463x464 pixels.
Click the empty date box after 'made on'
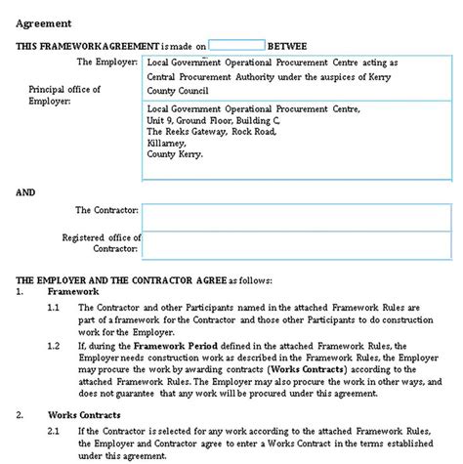237,45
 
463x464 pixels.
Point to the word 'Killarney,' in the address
166,143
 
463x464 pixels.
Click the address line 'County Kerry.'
173,153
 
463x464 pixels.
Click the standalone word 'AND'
25,192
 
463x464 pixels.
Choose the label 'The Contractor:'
107,210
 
